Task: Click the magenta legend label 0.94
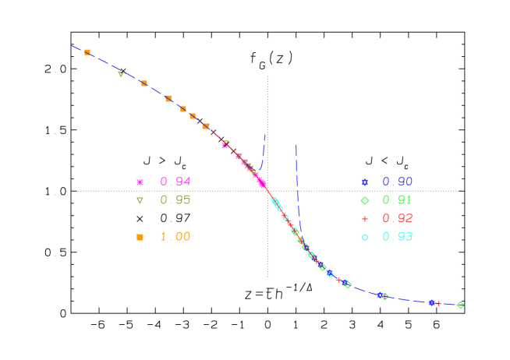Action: (x=175, y=182)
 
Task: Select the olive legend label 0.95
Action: (x=175, y=200)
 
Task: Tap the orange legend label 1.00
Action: (x=175, y=237)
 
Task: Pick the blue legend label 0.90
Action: (x=398, y=182)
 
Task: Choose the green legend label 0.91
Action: (x=398, y=200)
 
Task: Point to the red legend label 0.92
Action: (x=398, y=218)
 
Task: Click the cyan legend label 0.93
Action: (x=398, y=237)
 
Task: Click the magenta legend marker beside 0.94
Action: (x=140, y=182)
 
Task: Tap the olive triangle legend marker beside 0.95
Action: (x=140, y=200)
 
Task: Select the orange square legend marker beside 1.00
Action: (x=140, y=237)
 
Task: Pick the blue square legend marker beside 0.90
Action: (x=364, y=182)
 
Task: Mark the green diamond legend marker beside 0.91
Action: (x=364, y=200)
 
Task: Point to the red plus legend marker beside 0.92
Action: (x=364, y=219)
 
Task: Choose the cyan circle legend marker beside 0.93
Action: (x=364, y=237)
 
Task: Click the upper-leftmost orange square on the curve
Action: (x=87, y=52)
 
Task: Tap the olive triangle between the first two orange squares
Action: (x=120, y=73)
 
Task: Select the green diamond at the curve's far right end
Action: (x=460, y=305)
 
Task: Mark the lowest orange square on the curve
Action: (x=206, y=126)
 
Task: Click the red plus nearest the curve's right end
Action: (x=439, y=303)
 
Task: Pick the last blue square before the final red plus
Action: (x=431, y=302)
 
